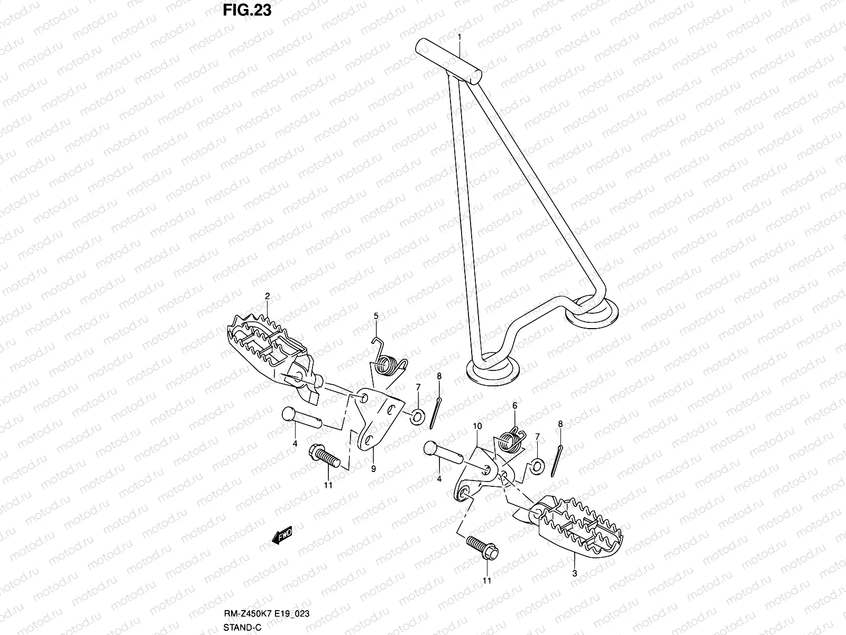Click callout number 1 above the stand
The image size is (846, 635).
(459, 37)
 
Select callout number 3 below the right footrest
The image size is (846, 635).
(575, 573)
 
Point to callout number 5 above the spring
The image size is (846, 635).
(376, 316)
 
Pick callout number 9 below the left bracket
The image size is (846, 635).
(373, 468)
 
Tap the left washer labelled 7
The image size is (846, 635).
(417, 414)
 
